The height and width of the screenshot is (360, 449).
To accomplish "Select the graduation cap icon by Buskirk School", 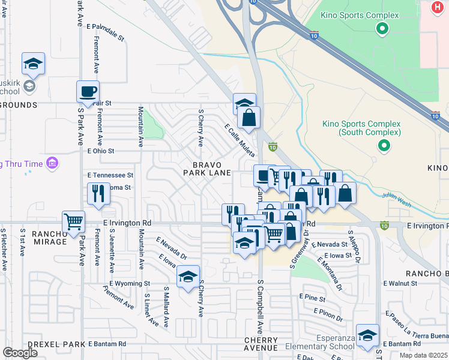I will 34,64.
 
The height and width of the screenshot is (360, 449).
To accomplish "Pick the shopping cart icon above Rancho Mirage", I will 73,221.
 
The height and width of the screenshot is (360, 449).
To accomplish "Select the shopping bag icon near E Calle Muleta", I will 249,118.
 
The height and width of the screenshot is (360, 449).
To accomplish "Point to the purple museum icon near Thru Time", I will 52,163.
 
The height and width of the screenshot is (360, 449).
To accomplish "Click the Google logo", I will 20,353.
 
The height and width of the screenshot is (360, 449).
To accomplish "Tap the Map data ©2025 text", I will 423,355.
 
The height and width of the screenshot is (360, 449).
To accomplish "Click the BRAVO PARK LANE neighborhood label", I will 207,169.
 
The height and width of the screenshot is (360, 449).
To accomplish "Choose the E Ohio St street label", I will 100,151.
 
